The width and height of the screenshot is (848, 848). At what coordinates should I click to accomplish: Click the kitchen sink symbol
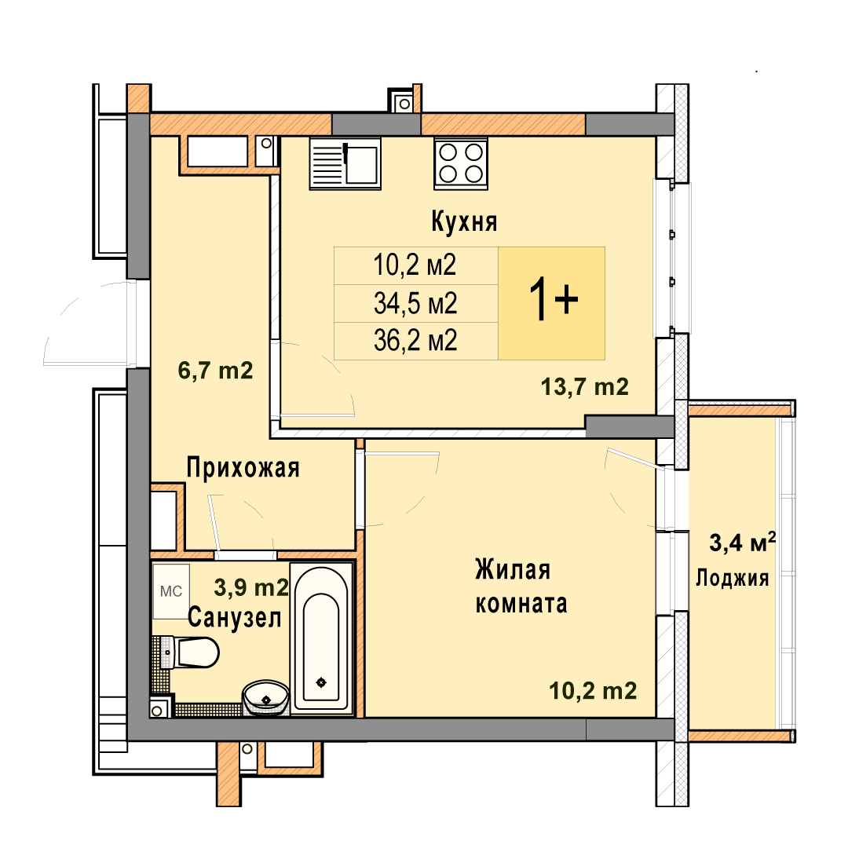[x=345, y=163]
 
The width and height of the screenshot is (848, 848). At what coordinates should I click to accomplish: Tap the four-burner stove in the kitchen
[x=461, y=163]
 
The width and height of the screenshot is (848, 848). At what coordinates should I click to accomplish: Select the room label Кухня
[x=464, y=222]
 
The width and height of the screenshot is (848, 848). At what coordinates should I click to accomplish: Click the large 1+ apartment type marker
[x=553, y=299]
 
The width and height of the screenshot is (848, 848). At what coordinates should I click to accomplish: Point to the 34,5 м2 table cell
[x=415, y=303]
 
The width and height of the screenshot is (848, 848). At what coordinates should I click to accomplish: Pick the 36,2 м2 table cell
[x=415, y=342]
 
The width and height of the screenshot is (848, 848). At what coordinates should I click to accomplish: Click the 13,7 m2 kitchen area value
[x=585, y=387]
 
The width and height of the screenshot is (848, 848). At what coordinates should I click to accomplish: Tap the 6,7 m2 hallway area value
[x=215, y=371]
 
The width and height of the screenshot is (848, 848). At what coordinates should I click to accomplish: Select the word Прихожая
[x=243, y=468]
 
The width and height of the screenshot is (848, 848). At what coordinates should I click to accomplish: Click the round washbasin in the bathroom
[x=265, y=698]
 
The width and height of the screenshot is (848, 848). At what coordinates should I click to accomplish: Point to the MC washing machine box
[x=171, y=591]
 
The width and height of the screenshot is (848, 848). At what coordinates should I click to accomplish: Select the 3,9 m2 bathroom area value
[x=251, y=587]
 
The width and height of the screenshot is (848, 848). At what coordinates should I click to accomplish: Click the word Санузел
[x=235, y=618]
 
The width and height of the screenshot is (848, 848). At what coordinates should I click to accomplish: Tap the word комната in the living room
[x=521, y=604]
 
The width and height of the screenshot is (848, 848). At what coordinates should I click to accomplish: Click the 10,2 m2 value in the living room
[x=593, y=691]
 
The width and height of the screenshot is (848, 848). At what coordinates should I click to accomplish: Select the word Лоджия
[x=733, y=578]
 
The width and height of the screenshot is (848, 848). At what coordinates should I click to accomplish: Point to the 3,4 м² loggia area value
[x=743, y=543]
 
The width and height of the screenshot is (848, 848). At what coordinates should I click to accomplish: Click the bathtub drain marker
[x=321, y=682]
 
